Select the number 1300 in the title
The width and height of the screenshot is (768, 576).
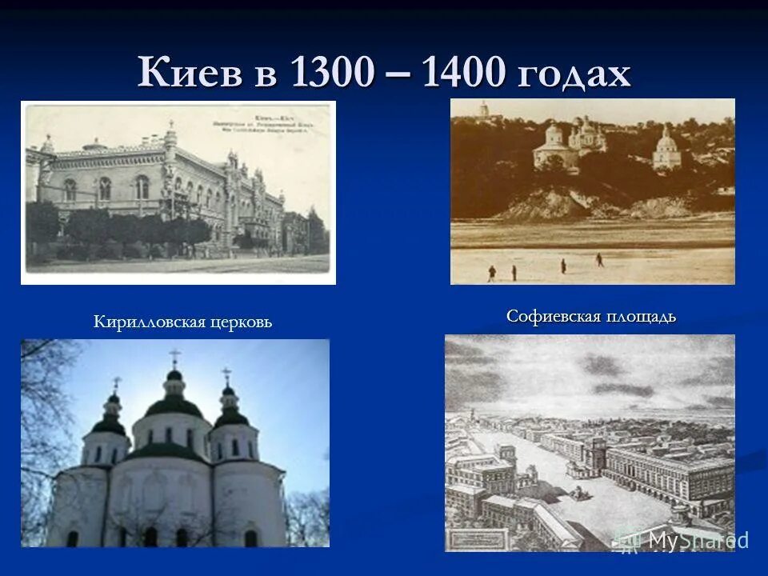coord(333,74)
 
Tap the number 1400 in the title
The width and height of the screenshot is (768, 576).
coord(465,74)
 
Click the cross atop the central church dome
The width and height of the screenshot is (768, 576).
coord(174,357)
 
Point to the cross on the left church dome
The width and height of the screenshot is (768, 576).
coord(117,384)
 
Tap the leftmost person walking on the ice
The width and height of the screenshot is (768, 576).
coord(491,273)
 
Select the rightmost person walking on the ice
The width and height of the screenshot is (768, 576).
coord(598,260)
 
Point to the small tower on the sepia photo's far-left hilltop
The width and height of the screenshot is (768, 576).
coord(482,110)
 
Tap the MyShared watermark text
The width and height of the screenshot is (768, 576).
coord(696,540)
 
